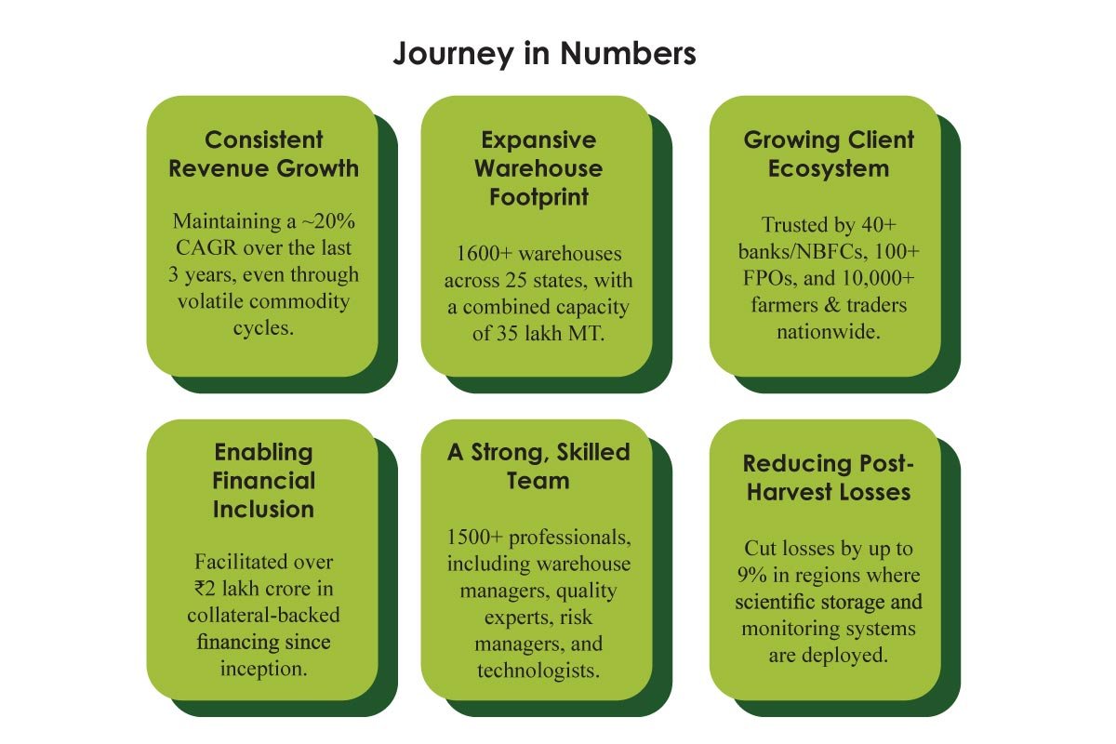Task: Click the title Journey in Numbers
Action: (544, 54)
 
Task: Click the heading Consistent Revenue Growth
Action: (263, 154)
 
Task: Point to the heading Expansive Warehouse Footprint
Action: (538, 168)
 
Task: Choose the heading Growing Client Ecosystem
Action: (829, 154)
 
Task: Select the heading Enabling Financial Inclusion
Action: (263, 481)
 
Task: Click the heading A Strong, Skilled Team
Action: (538, 466)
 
